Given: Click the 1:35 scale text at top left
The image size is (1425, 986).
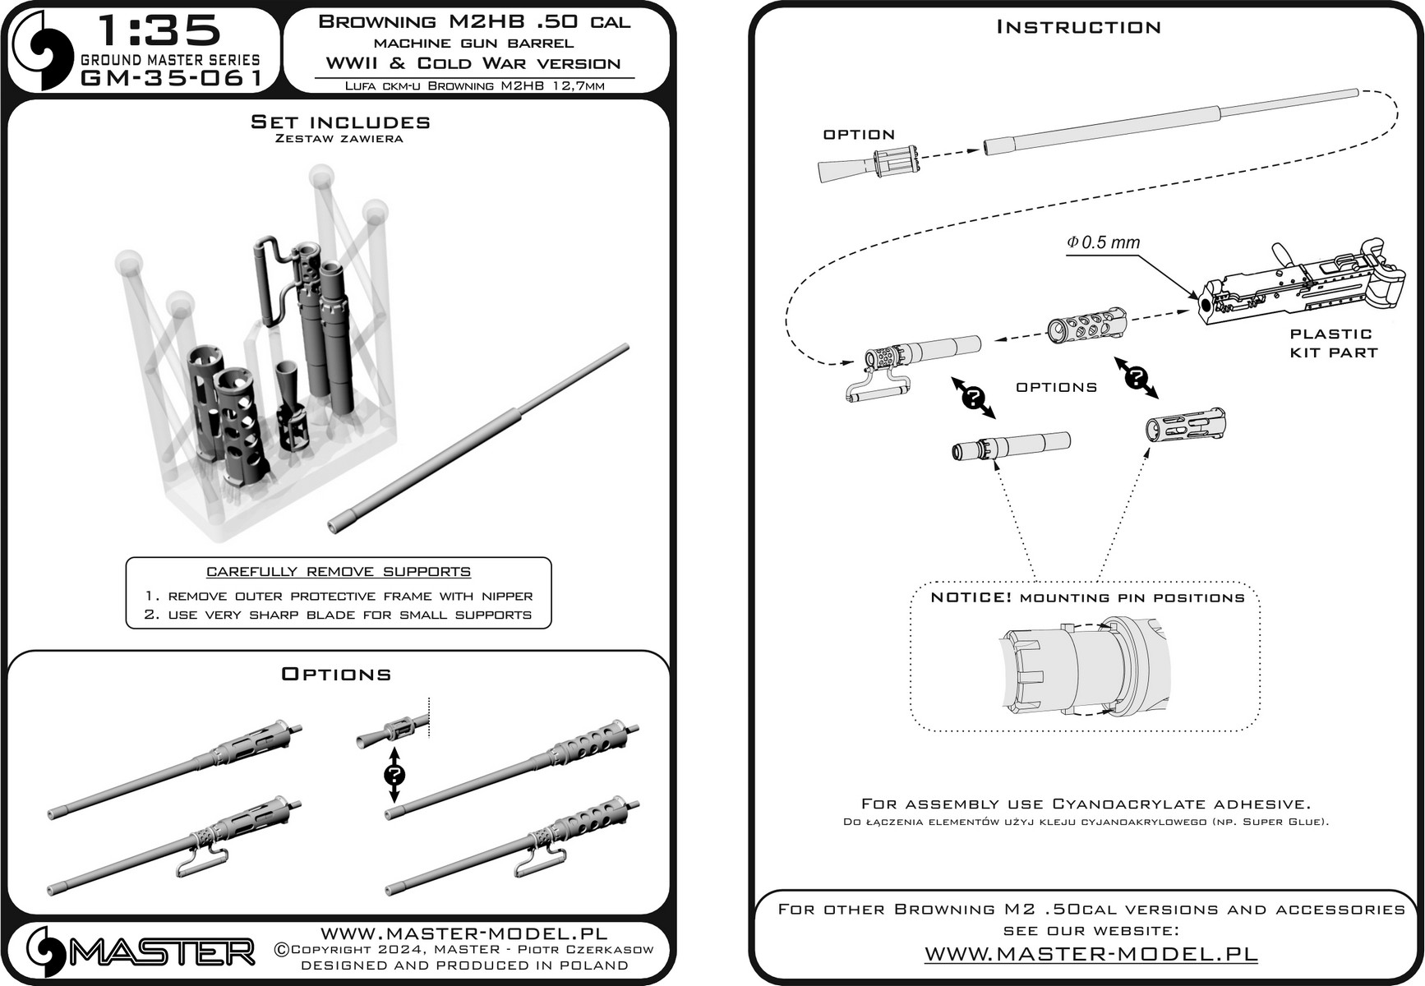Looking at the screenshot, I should (x=159, y=30).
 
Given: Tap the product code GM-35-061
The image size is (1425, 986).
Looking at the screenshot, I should (x=171, y=77).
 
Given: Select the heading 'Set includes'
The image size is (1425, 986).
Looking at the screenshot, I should (x=340, y=122).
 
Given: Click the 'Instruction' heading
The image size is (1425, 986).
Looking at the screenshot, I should (x=1078, y=27).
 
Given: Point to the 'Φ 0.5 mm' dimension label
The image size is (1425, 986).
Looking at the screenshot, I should (x=1103, y=243).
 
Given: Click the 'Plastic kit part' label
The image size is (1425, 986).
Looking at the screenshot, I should (x=1332, y=343).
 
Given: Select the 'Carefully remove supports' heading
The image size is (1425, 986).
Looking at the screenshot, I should (x=338, y=572).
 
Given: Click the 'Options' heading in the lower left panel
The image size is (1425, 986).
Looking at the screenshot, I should (x=336, y=675).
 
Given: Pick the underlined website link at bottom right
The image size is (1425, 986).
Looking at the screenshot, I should (x=1091, y=954).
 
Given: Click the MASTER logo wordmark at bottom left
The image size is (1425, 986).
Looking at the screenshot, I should (x=161, y=952).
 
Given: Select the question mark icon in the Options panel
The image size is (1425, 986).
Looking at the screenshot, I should (x=394, y=775).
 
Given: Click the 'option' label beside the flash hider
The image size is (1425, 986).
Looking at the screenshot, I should (x=859, y=135).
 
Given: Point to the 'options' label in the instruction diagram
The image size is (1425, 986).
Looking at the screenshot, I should (x=1056, y=387).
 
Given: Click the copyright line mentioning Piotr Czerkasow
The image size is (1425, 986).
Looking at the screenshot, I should (x=463, y=950).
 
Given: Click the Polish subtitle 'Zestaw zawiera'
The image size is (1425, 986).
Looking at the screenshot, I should (x=339, y=139).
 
